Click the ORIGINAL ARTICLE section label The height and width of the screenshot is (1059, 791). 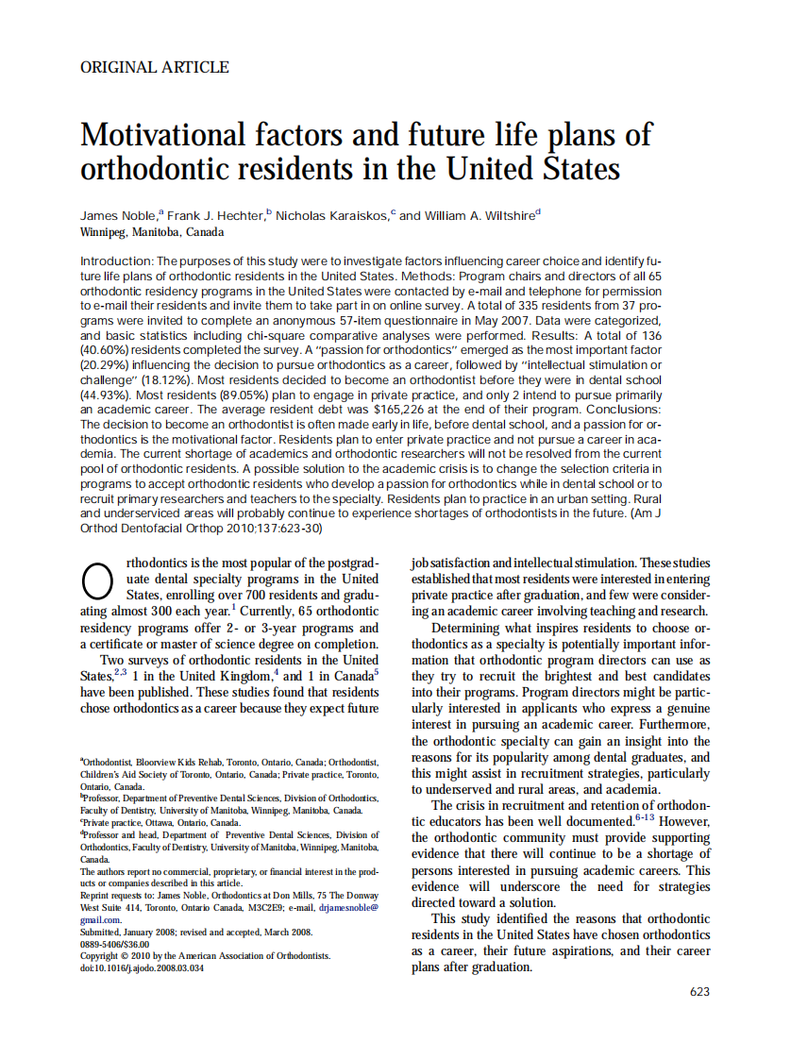[x=155, y=67]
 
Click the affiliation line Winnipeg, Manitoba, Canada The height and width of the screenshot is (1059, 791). [x=153, y=232]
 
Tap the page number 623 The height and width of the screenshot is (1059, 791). [x=699, y=991]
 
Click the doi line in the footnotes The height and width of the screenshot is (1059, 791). [x=142, y=968]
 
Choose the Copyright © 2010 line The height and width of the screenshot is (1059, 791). [x=206, y=956]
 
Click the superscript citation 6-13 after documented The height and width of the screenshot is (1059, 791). [x=646, y=818]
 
